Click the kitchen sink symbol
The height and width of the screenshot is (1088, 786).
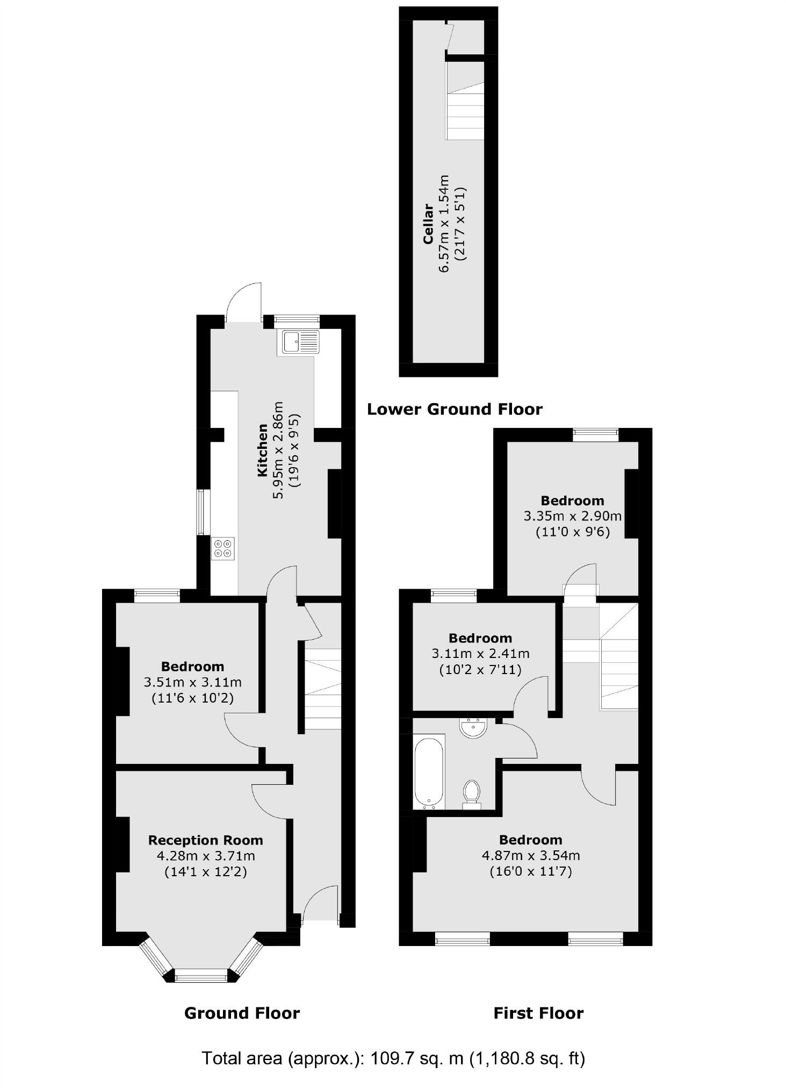[298, 342]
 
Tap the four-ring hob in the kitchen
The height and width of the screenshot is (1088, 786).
[223, 548]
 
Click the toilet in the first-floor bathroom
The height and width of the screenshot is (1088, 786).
[472, 793]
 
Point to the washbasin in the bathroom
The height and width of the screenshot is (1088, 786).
[473, 728]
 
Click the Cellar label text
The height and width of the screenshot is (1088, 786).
[428, 224]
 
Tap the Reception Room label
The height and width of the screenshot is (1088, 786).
[205, 840]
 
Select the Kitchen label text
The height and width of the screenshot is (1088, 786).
[263, 450]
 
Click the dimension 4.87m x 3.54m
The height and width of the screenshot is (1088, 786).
[531, 855]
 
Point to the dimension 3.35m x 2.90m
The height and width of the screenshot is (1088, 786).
[572, 517]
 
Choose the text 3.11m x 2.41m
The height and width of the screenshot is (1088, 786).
[480, 654]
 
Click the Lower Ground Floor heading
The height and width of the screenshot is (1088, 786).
[455, 410]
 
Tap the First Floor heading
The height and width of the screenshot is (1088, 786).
[538, 1013]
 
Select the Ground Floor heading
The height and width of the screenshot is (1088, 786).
[242, 1013]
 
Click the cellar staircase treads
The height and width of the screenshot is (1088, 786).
[465, 116]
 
